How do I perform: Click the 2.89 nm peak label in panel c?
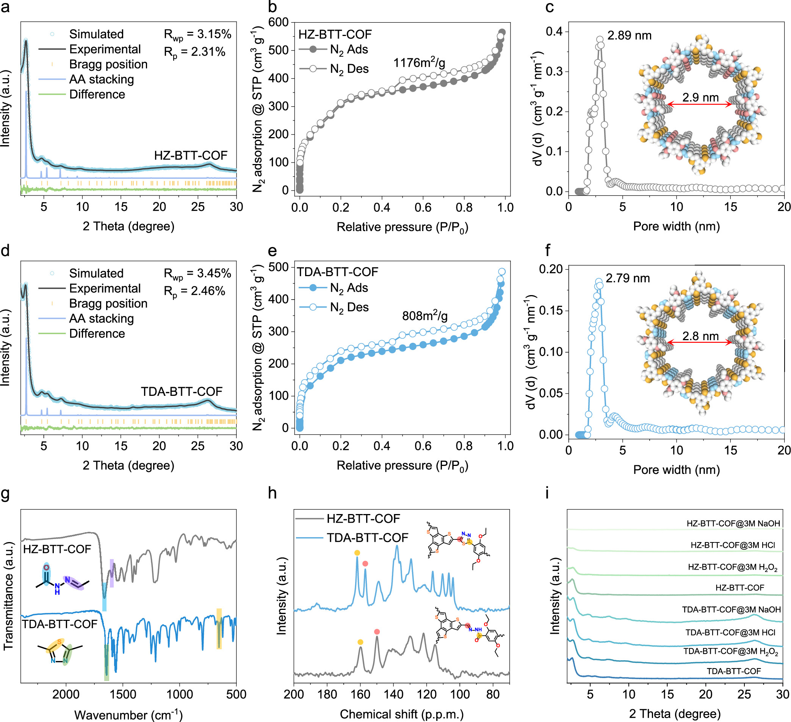click(x=629, y=36)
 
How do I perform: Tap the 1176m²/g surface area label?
click(x=419, y=63)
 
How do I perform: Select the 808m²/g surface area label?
click(x=424, y=315)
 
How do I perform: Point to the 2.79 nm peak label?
click(x=627, y=278)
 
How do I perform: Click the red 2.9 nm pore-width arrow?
click(x=699, y=104)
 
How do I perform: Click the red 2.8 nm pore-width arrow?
click(x=699, y=342)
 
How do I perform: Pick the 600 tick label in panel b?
click(x=278, y=22)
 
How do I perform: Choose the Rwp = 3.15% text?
click(x=197, y=34)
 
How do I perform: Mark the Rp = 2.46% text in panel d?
click(x=194, y=291)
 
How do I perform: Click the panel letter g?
click(x=5, y=493)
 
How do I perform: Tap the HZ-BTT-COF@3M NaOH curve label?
click(x=733, y=523)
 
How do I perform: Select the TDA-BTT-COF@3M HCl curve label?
click(x=730, y=632)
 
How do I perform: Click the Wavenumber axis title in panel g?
click(x=128, y=714)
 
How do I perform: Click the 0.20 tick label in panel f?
click(x=551, y=269)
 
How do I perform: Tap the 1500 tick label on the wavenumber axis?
click(x=123, y=694)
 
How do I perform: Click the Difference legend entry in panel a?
click(x=97, y=95)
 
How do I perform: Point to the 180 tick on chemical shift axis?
click(x=327, y=694)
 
